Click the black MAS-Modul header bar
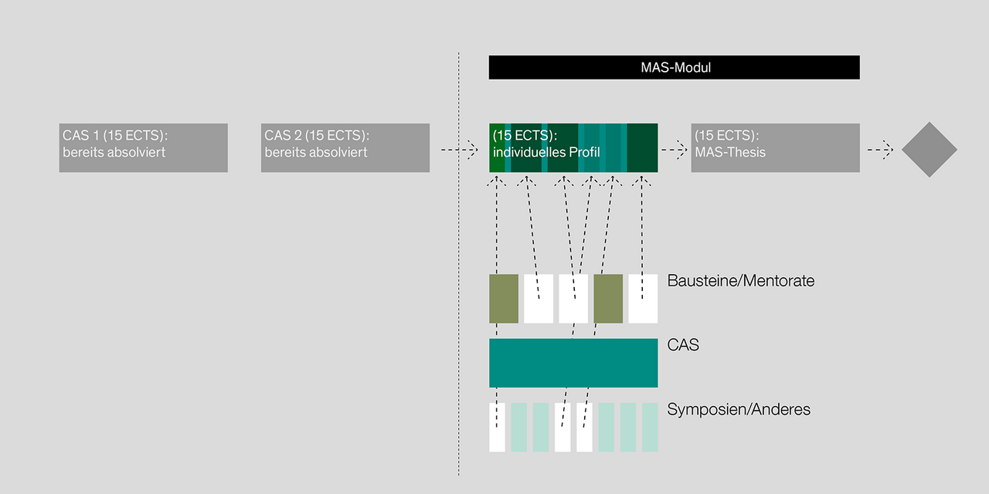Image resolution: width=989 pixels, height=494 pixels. click(674, 67)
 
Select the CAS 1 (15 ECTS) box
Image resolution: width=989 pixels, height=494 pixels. click(143, 147)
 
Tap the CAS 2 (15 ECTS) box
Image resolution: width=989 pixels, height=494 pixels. click(345, 147)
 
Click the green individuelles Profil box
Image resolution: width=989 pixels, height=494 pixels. click(573, 147)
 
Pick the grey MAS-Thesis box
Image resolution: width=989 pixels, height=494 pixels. click(775, 147)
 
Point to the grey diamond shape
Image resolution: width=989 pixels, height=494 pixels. click(929, 150)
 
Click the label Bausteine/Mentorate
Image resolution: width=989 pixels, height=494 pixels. click(740, 281)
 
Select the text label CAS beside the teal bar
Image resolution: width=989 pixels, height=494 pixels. click(683, 345)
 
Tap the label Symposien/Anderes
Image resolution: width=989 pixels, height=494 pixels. click(739, 410)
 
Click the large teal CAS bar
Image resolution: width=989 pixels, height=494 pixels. click(573, 363)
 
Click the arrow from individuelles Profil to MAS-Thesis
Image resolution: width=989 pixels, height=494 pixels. click(675, 151)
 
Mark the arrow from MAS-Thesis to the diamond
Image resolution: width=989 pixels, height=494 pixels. click(880, 151)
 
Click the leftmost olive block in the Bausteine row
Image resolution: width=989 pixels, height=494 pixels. click(504, 298)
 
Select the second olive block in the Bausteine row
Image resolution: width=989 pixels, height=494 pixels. click(608, 298)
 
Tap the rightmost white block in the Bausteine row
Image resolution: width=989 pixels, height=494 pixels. click(643, 298)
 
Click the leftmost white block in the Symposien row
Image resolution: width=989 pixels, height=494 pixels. click(497, 427)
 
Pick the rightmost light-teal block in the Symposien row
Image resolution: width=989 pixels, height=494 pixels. click(651, 427)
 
